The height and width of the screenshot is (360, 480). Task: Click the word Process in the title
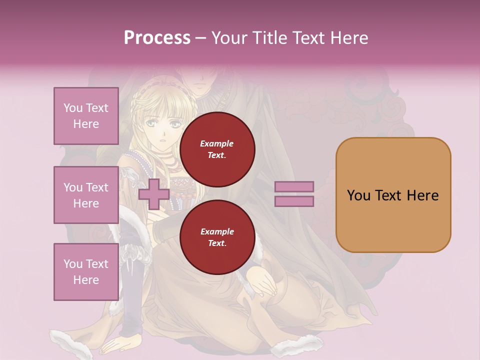[x=157, y=38]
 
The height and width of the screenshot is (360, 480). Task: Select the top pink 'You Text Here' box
[x=86, y=116]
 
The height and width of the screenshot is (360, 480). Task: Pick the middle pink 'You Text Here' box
[x=86, y=195]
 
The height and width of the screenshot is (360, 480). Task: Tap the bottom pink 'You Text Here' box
[x=86, y=272]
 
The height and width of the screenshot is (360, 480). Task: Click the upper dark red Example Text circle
[x=217, y=149]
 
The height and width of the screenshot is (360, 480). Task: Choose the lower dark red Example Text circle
[x=217, y=237]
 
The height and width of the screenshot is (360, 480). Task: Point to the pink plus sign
[x=154, y=194]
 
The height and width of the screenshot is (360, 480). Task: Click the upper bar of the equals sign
[x=294, y=186]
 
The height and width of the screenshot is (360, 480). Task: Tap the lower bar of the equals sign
[x=294, y=201]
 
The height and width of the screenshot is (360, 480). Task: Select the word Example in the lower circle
[x=217, y=231]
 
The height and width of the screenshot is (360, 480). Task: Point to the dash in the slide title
[x=200, y=38]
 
